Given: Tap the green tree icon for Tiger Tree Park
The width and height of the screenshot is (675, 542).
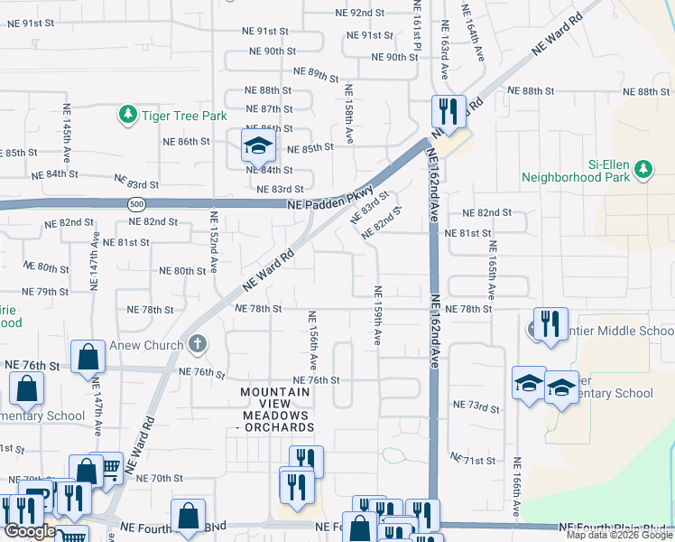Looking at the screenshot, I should (128, 115).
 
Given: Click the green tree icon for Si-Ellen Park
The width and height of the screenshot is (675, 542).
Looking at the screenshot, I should (643, 169).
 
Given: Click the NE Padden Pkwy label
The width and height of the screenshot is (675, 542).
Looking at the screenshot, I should (330, 199).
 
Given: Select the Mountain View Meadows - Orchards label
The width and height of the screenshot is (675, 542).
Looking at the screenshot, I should (277, 408).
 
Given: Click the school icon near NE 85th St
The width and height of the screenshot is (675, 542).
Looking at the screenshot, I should (257, 144).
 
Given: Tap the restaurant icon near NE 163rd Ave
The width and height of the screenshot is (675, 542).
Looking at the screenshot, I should (448, 111).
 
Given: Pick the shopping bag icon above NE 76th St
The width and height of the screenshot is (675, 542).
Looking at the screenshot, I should (88, 357).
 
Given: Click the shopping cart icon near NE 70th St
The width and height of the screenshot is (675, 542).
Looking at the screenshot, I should (109, 467).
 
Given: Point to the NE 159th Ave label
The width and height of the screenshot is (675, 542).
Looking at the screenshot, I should (377, 314).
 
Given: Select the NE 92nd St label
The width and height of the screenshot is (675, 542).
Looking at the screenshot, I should (374, 13).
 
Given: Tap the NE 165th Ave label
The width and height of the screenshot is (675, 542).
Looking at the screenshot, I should (492, 269).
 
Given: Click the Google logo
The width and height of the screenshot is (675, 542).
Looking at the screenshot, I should (30, 531).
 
